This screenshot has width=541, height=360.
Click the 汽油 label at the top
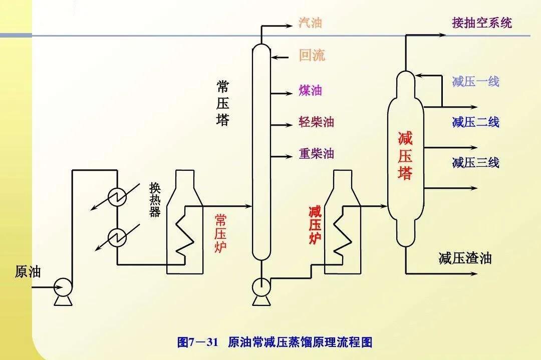pyautogui.click(x=310, y=23)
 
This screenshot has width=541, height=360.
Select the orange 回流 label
pyautogui.click(x=312, y=55)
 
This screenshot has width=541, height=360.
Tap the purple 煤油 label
pyautogui.click(x=310, y=91)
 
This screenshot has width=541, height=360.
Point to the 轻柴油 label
pyautogui.click(x=316, y=122)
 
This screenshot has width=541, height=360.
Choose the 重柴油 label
pyautogui.click(x=316, y=154)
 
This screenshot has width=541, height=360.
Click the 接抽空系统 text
pyautogui.click(x=482, y=23)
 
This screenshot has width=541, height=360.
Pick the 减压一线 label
pyautogui.click(x=475, y=82)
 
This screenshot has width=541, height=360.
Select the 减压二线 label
pyautogui.click(x=475, y=122)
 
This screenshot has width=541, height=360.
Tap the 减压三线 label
pyautogui.click(x=475, y=163)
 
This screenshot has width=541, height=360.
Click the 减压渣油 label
pyautogui.click(x=465, y=258)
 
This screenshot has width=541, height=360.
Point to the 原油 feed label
pyautogui.click(x=28, y=272)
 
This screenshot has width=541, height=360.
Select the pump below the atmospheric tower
pyautogui.click(x=261, y=286)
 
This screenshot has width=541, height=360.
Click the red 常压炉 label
pyautogui.click(x=220, y=233)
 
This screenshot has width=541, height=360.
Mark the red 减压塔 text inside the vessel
pyautogui.click(x=405, y=156)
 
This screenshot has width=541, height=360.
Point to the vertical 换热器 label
pyautogui.click(x=155, y=199)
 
